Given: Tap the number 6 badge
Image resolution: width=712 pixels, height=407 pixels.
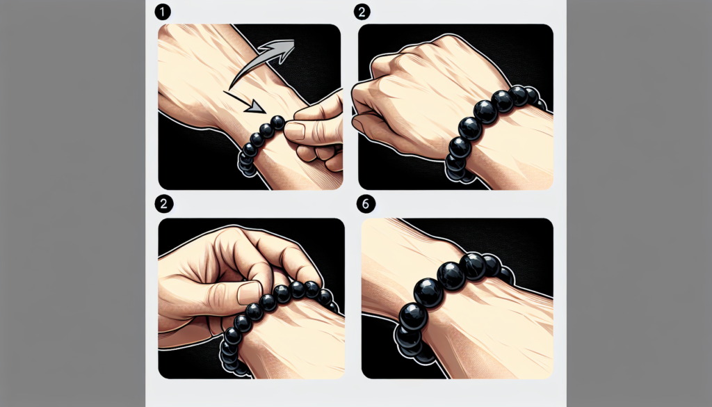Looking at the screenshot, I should click(x=364, y=204).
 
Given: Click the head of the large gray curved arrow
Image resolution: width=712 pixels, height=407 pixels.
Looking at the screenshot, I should click(x=285, y=49).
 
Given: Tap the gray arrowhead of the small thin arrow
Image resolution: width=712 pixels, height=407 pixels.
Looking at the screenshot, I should click(x=259, y=108).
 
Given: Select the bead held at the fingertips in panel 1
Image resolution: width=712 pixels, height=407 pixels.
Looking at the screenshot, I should click(x=277, y=123).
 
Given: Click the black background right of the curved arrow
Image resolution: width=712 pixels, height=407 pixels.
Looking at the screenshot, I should click(x=320, y=56).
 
